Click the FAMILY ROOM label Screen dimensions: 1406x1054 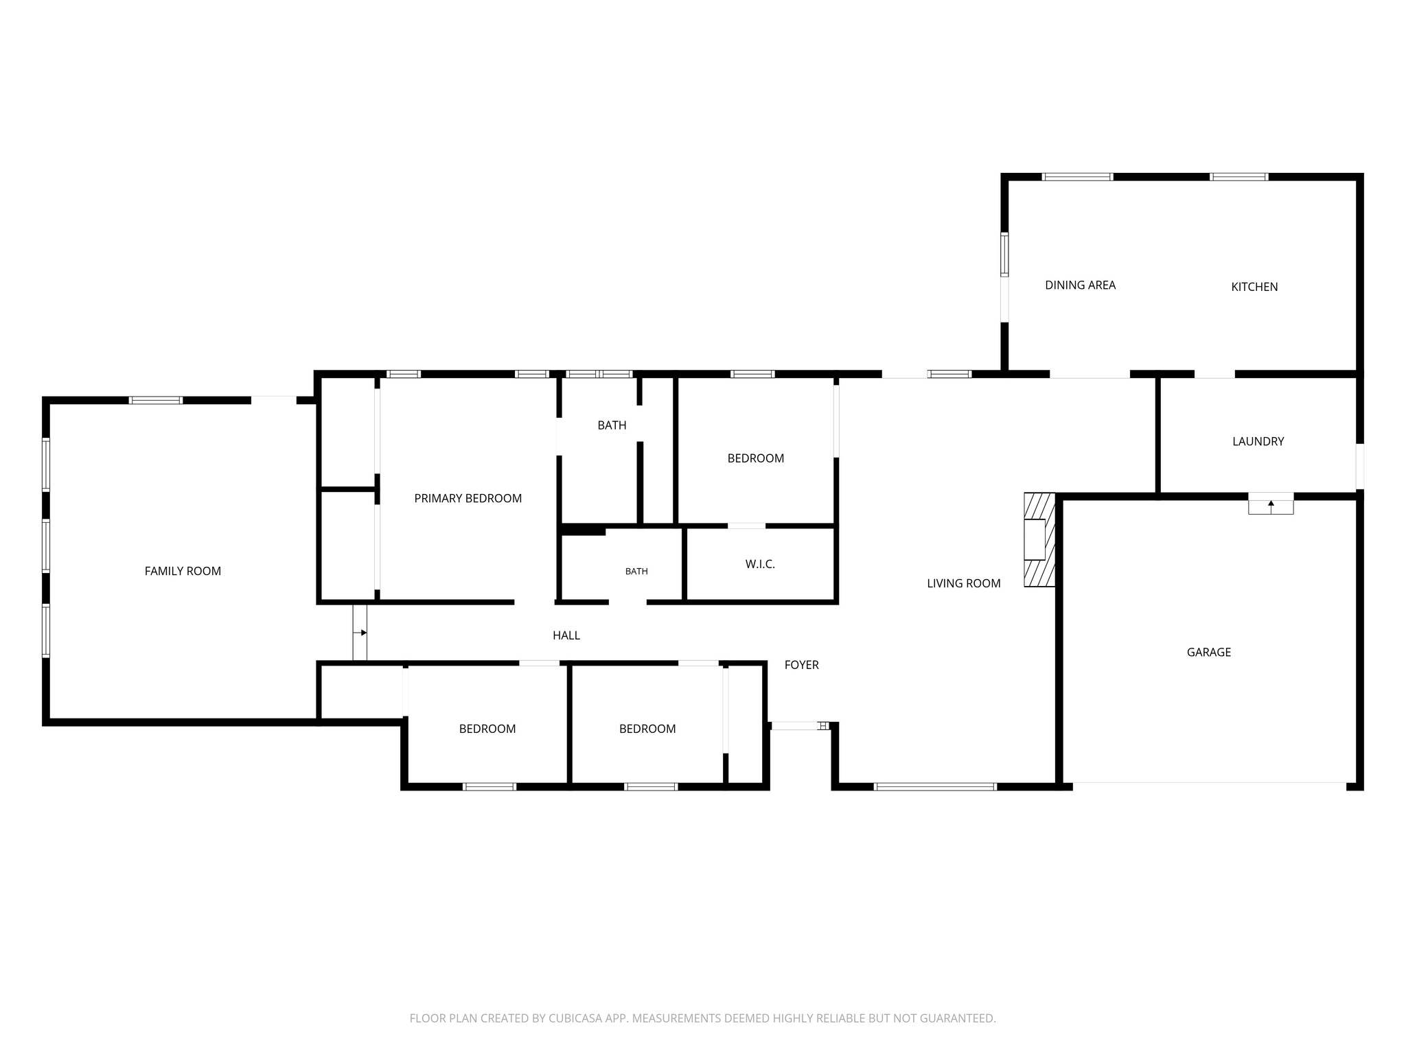click(x=183, y=571)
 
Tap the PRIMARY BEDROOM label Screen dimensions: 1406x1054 click(x=468, y=499)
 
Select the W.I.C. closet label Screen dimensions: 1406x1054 click(x=760, y=564)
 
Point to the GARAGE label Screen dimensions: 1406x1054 click(x=1209, y=653)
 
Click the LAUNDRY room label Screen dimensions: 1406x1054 click(x=1258, y=442)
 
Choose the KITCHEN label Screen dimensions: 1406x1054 click(x=1254, y=287)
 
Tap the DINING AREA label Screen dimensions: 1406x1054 click(x=1080, y=285)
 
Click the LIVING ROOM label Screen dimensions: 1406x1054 click(x=964, y=584)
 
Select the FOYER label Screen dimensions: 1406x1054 click(x=802, y=665)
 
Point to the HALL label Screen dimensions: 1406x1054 click(x=566, y=636)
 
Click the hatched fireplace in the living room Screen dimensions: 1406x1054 click(x=1039, y=540)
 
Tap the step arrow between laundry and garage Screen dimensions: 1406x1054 click(x=1271, y=505)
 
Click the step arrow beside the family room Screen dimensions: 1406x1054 click(x=360, y=633)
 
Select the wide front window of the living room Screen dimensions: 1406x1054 click(x=935, y=787)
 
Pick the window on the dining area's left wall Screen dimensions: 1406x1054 click(x=1004, y=255)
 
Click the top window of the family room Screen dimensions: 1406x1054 click(x=157, y=400)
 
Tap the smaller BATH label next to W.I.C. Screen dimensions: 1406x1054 click(x=636, y=572)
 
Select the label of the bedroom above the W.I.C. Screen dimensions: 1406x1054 click(x=756, y=458)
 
